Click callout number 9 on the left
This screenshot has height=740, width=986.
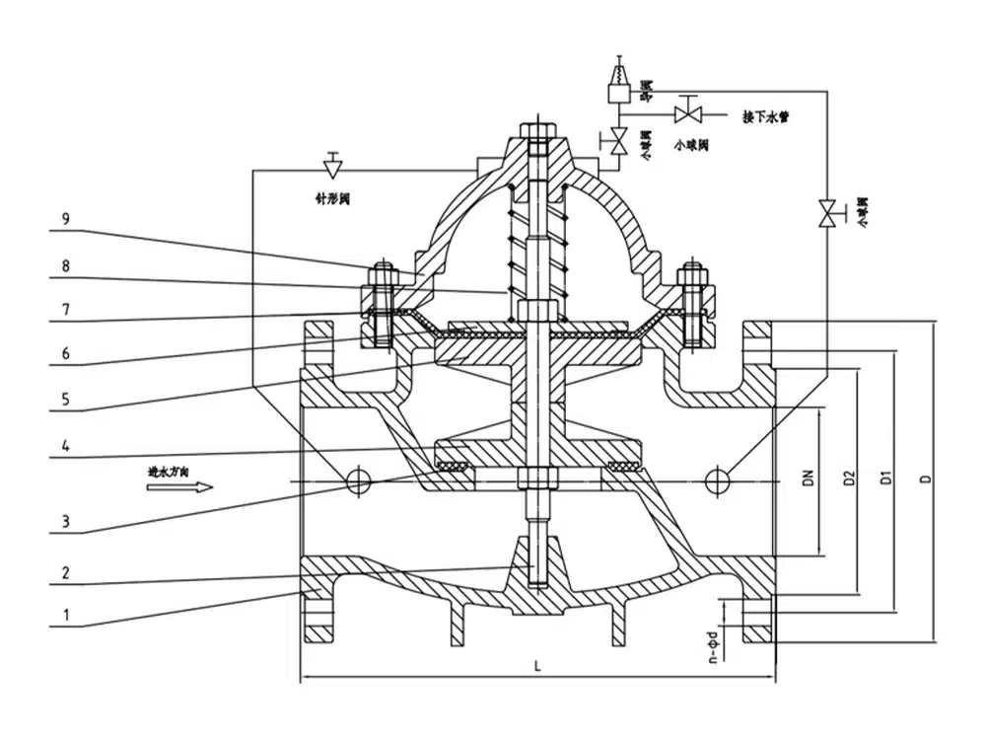tap(64, 221)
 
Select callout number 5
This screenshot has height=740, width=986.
tap(64, 399)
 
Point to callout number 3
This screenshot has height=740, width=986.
tap(64, 521)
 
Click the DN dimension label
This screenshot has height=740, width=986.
tap(808, 480)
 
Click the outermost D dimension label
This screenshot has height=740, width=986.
tap(924, 480)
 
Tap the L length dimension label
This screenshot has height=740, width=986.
tap(537, 666)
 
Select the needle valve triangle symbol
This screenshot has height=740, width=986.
tap(333, 161)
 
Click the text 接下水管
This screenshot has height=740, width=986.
tap(765, 116)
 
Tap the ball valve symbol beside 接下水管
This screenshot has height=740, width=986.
tap(687, 110)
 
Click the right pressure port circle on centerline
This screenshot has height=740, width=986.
tap(718, 480)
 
